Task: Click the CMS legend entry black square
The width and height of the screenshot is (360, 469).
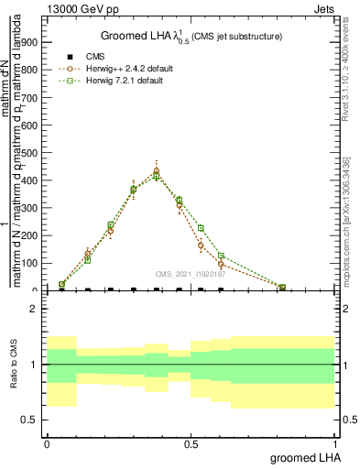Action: click(70, 57)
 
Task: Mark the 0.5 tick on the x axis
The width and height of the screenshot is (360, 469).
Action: click(191, 442)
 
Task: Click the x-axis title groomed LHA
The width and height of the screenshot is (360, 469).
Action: click(303, 457)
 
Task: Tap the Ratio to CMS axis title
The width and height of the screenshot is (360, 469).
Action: click(15, 365)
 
